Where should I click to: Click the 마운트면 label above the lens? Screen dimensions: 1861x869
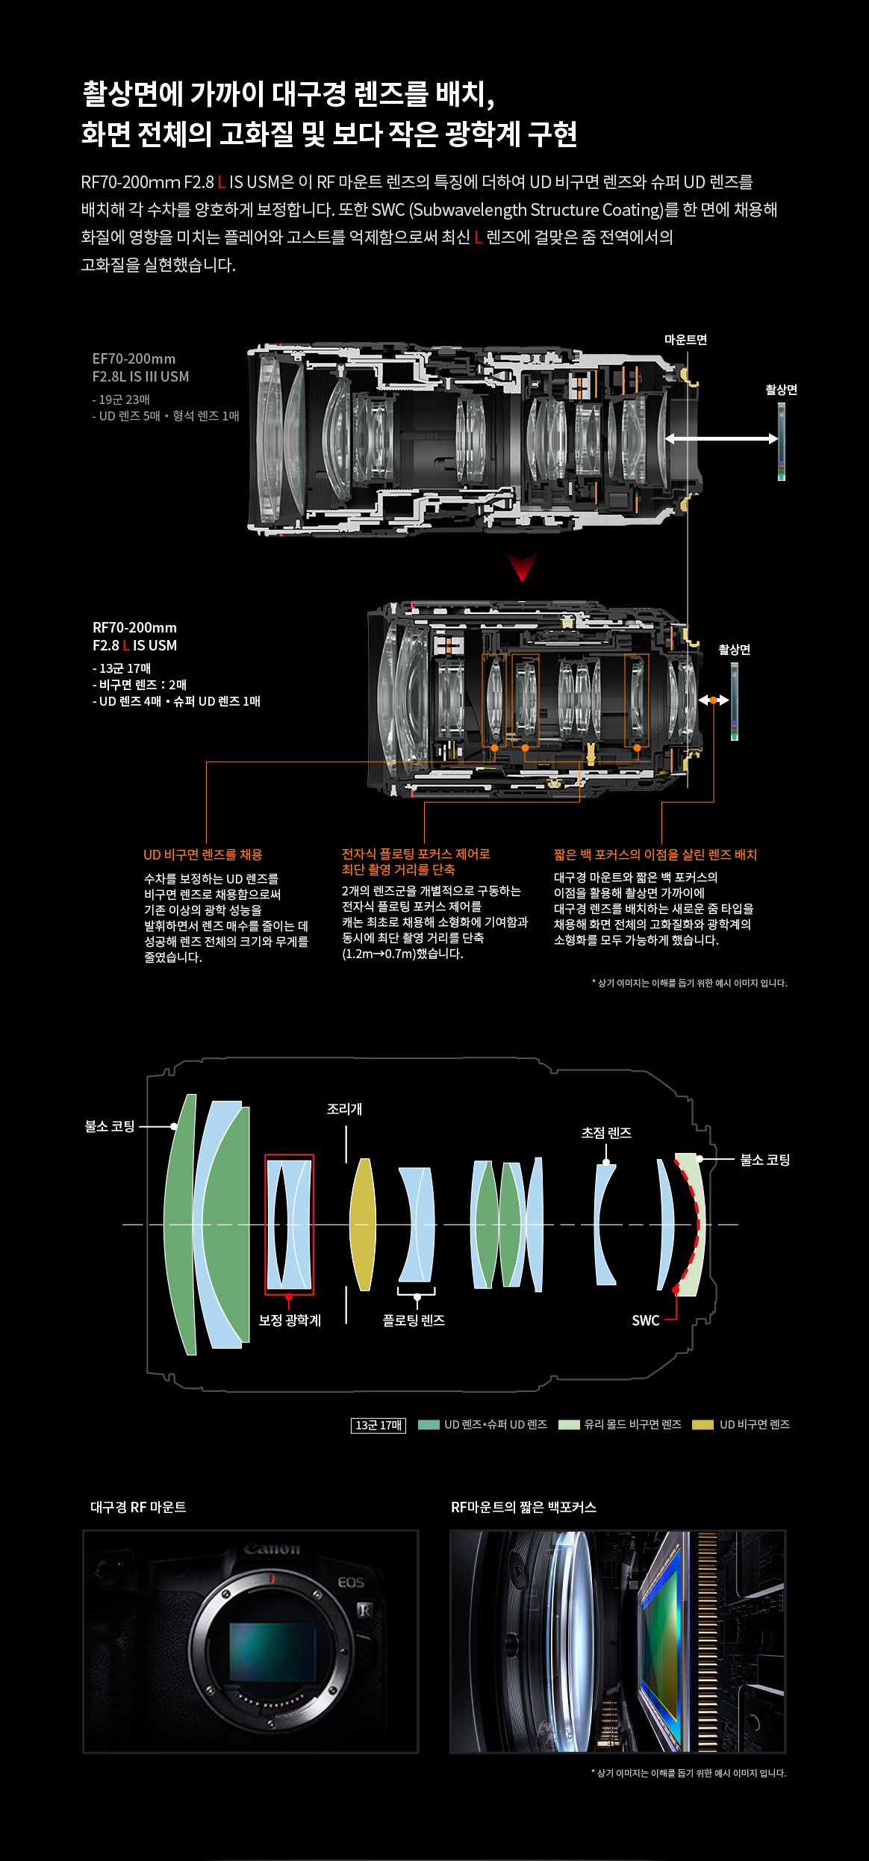pos(685,340)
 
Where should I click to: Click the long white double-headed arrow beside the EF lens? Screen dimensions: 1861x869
pos(721,438)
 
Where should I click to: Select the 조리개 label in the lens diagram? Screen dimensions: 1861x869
pos(344,1109)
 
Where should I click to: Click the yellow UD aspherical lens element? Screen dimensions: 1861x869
pos(363,1224)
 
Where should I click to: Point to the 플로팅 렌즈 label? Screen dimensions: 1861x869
pos(414,1320)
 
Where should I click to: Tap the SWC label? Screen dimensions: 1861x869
pos(645,1320)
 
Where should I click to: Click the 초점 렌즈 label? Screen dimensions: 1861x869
pos(606,1133)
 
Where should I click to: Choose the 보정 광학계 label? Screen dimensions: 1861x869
pos(290,1320)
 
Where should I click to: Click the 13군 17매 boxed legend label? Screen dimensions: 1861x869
pos(379,1425)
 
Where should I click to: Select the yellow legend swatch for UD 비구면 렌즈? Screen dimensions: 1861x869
pos(703,1424)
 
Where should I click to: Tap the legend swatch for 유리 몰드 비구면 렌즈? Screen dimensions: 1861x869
pos(569,1424)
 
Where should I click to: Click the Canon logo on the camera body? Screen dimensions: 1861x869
pos(272,1549)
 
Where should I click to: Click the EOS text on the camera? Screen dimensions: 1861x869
pos(351,1582)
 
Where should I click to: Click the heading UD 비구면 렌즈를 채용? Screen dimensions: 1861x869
pos(203,854)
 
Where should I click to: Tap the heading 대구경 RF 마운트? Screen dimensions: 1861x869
pos(138,1507)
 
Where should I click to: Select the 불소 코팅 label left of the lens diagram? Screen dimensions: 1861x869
pos(110,1126)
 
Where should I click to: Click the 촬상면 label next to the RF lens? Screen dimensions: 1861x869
pos(734,650)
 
